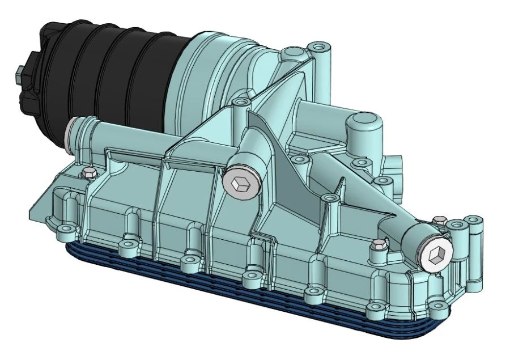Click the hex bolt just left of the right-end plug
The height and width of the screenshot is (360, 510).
(377, 245)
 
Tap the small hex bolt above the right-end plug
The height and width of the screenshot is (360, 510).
(439, 219)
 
